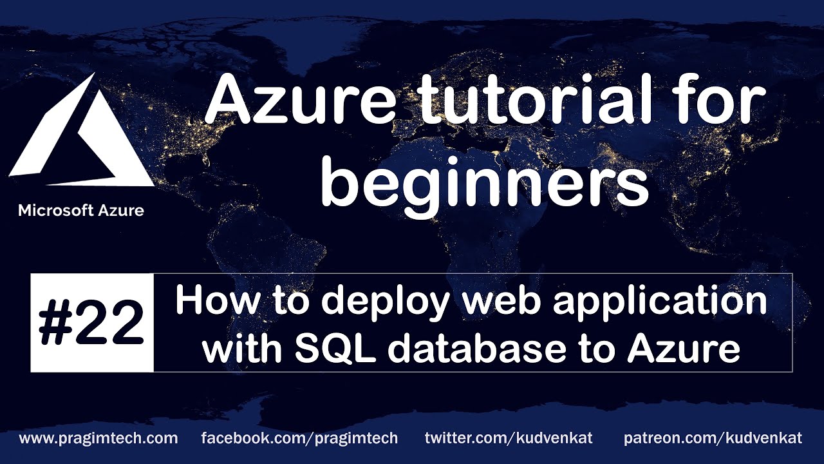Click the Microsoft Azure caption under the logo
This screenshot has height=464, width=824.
(81, 210)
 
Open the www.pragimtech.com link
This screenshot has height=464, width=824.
(98, 439)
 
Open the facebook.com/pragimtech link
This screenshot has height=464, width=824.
(299, 439)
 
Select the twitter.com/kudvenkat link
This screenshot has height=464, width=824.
(509, 439)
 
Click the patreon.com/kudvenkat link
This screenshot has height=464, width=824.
(713, 439)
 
